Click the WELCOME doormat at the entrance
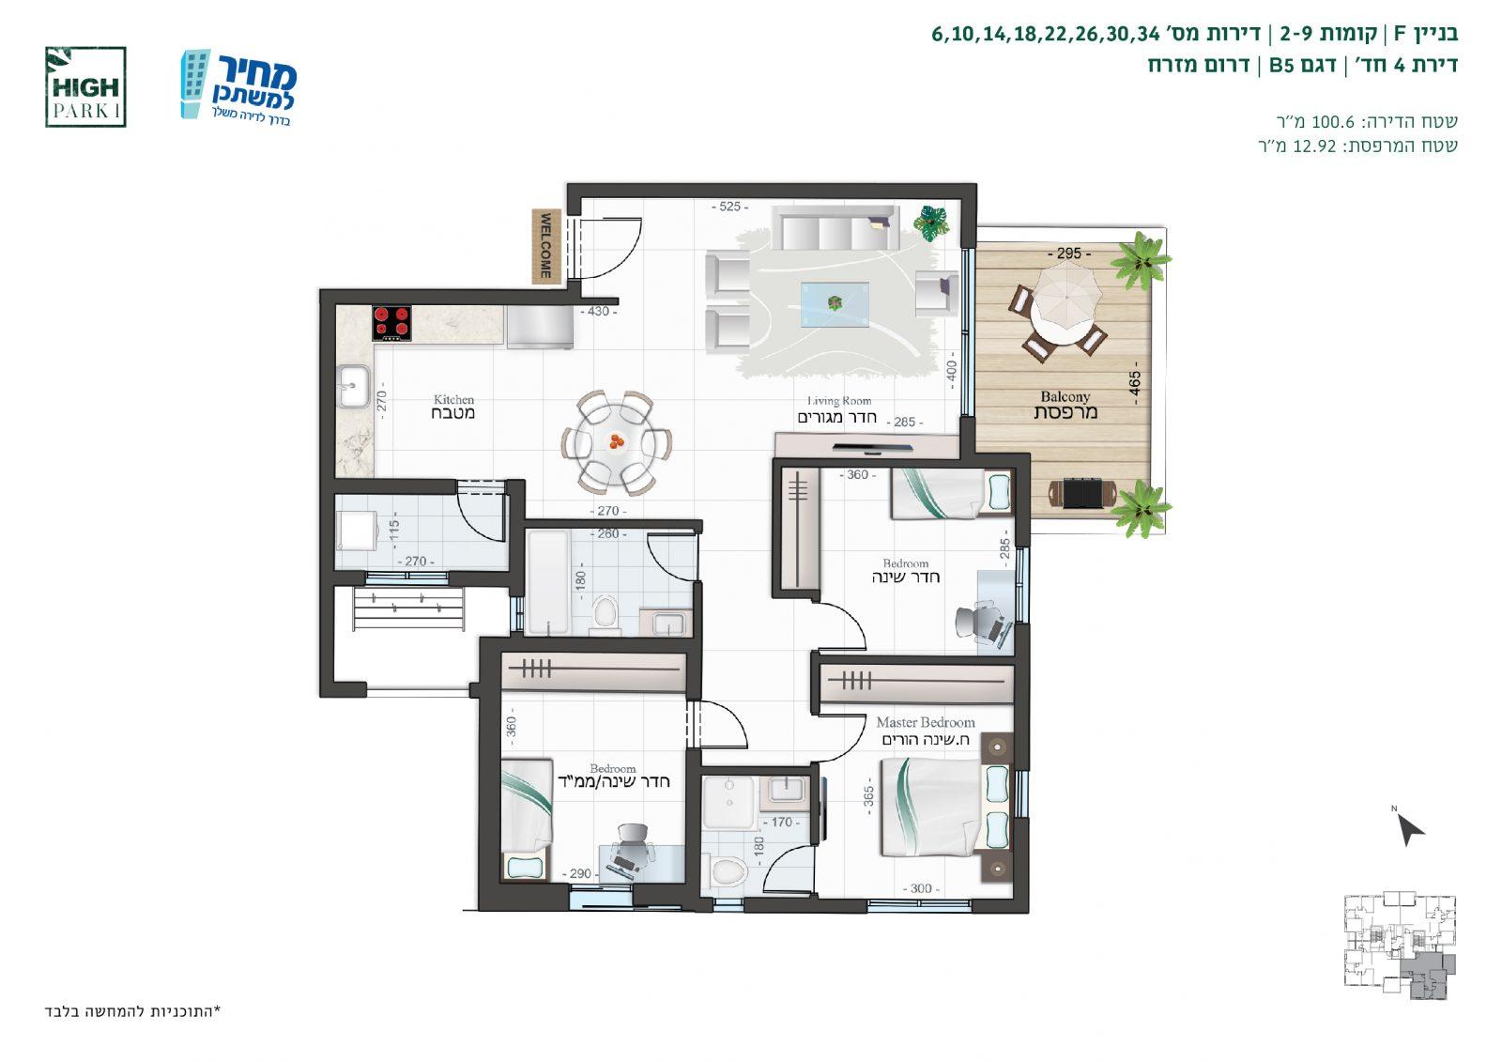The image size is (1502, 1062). [x=546, y=245]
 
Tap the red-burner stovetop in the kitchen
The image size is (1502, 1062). [x=392, y=323]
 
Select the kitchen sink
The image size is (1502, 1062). [x=353, y=386]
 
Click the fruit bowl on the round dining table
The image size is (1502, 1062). [x=616, y=441]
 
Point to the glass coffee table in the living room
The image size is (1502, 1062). [x=835, y=304]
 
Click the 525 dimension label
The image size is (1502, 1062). [x=729, y=207]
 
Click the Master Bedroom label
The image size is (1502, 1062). [x=926, y=722]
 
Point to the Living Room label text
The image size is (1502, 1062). [x=839, y=401]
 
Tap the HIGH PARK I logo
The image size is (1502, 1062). [x=85, y=87]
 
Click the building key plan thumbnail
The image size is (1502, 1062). [x=1400, y=945]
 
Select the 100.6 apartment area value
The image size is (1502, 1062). [x=1332, y=121]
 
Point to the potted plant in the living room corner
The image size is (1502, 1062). [x=931, y=222]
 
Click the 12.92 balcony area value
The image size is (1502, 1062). [x=1314, y=146]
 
